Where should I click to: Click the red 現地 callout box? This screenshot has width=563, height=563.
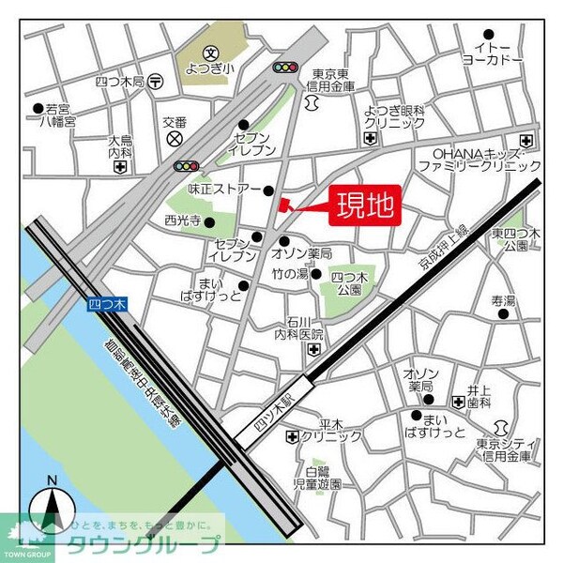click(x=365, y=204)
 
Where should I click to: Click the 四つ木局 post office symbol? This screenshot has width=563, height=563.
click(x=155, y=82)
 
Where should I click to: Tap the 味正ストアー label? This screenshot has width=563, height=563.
click(x=224, y=190)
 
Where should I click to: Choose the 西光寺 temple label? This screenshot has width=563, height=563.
click(x=183, y=221)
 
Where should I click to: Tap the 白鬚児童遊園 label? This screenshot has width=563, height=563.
click(x=316, y=479)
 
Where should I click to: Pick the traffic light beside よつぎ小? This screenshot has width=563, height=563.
click(x=284, y=68)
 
